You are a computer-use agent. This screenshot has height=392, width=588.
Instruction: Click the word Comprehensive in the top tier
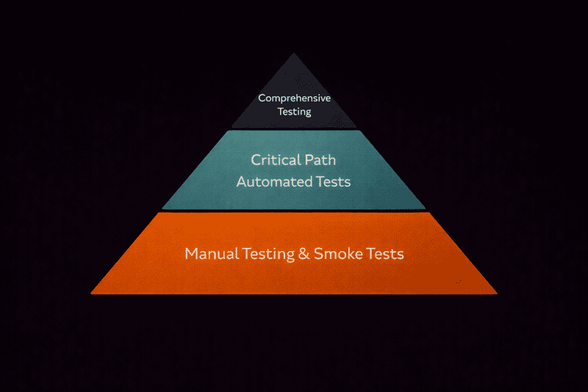pyautogui.click(x=294, y=98)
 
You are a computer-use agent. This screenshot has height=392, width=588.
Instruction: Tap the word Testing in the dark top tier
pyautogui.click(x=294, y=112)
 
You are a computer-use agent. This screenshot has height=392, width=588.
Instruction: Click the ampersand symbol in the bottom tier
pyautogui.click(x=304, y=254)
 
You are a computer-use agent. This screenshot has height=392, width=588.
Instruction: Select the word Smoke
pyautogui.click(x=335, y=254)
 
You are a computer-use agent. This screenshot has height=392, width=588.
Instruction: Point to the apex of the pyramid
pyautogui.click(x=294, y=54)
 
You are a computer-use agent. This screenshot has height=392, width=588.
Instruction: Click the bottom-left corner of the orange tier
pyautogui.click(x=92, y=293)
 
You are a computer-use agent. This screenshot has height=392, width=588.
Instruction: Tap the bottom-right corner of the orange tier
pyautogui.click(x=496, y=293)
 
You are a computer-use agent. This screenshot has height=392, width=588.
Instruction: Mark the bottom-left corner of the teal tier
pyautogui.click(x=162, y=209)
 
